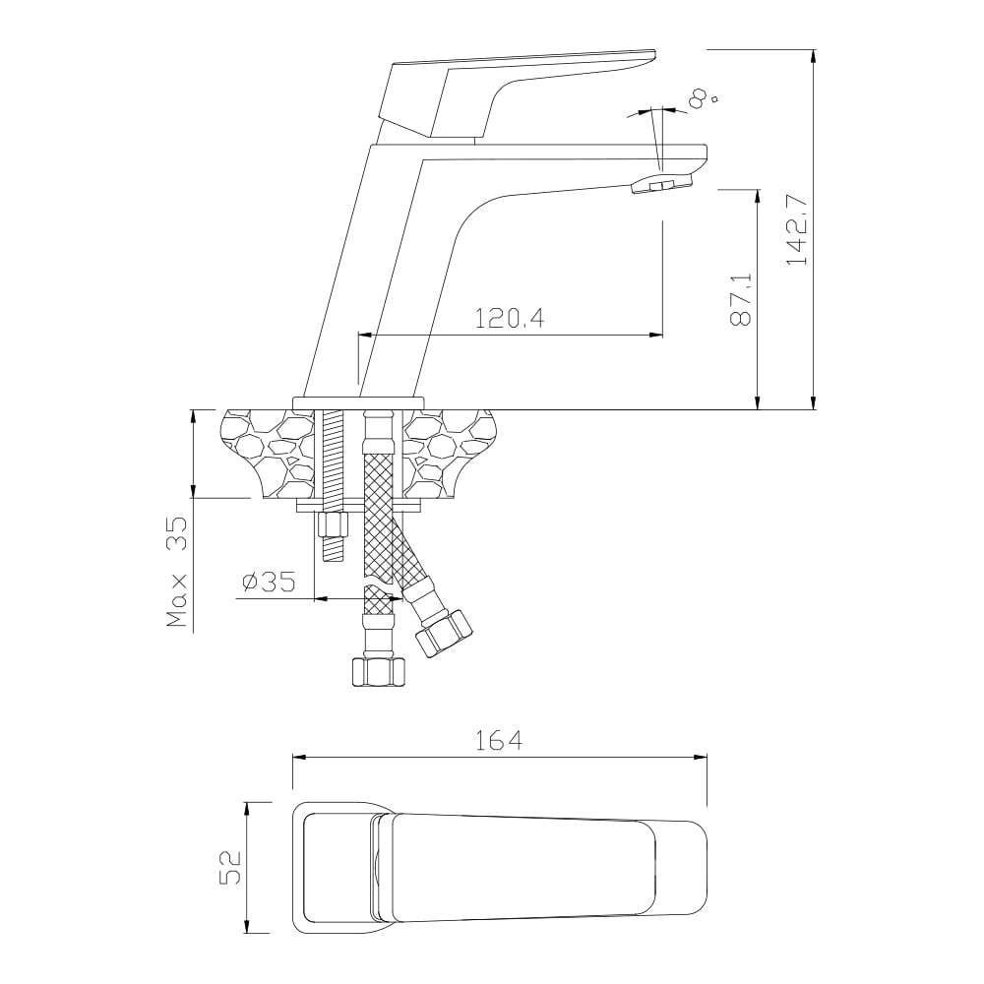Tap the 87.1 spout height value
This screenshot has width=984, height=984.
(x=741, y=299)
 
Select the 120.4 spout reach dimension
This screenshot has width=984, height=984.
(x=509, y=318)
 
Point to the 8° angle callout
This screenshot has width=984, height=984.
(x=702, y=98)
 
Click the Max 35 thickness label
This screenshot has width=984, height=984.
(x=177, y=572)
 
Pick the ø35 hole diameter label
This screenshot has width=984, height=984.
(x=269, y=583)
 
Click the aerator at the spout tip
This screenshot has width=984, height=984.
(x=661, y=185)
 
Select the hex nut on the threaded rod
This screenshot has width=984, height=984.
(x=333, y=524)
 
